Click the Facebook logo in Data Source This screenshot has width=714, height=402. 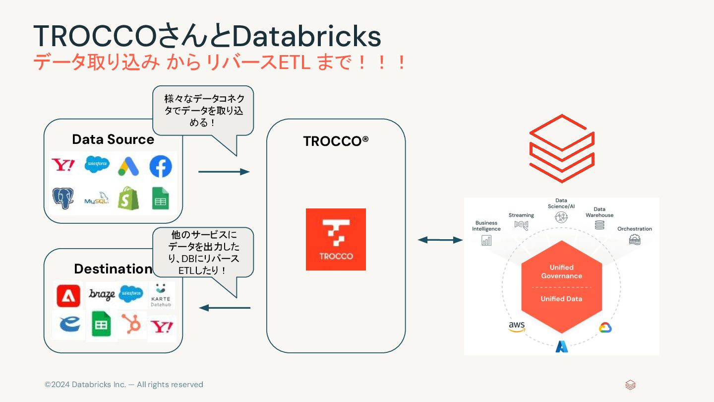coord(161,167)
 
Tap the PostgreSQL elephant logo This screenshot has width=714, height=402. coord(63,198)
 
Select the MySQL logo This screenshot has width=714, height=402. coord(96,199)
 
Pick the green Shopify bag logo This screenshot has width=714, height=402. coord(128,198)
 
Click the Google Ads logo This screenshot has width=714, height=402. coord(128,167)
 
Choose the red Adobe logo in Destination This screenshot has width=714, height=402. coord(68,296)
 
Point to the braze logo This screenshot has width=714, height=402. coord(102,294)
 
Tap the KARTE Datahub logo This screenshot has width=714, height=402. coord(161,295)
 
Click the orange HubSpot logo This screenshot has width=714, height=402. coord(132,325)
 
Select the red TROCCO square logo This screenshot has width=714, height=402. coord(336,239)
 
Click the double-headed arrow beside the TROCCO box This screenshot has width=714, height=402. coord(440,240)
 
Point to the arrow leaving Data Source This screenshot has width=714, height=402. coord(224,172)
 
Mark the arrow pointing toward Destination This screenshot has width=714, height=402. coord(225,308)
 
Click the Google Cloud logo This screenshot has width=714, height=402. coord(605,328)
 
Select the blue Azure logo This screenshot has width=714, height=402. coord(562,346)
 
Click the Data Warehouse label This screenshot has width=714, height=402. coord(599,212)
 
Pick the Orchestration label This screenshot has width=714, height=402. coord(635,229)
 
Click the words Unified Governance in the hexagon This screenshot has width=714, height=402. coord(561,271)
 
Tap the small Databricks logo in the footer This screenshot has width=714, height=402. coord(630,385)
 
